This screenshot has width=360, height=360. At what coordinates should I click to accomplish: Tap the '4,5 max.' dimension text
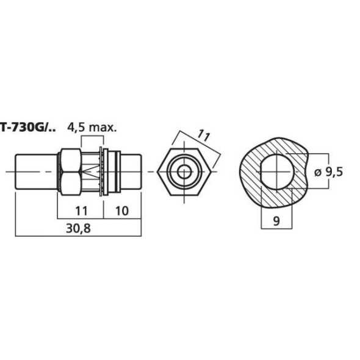click(92, 128)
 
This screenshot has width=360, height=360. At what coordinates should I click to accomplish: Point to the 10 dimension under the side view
click(121, 211)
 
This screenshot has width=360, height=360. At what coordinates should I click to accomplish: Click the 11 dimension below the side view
click(81, 211)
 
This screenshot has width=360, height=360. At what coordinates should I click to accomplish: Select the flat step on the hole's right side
click(294, 171)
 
